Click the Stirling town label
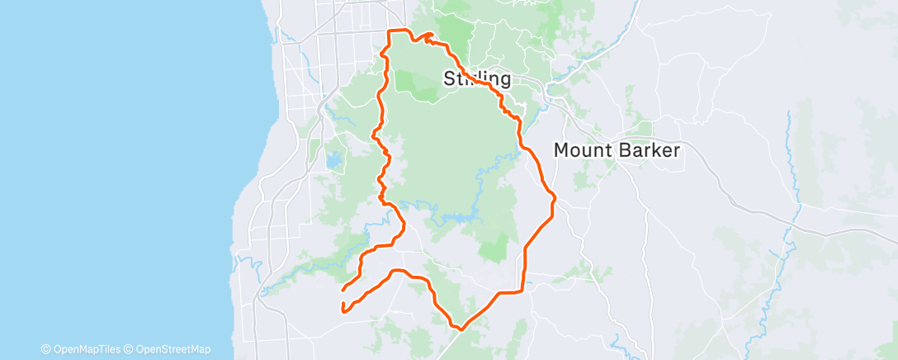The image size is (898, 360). coord(478,79)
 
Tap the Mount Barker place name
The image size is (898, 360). coord(617,150)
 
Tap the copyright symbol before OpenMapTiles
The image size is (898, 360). coord(46,349)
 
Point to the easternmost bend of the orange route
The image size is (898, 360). coord(555,197)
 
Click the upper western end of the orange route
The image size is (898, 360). coord(343,289)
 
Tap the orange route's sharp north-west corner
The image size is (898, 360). coord(390,31)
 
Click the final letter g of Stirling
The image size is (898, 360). coord(504,81)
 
